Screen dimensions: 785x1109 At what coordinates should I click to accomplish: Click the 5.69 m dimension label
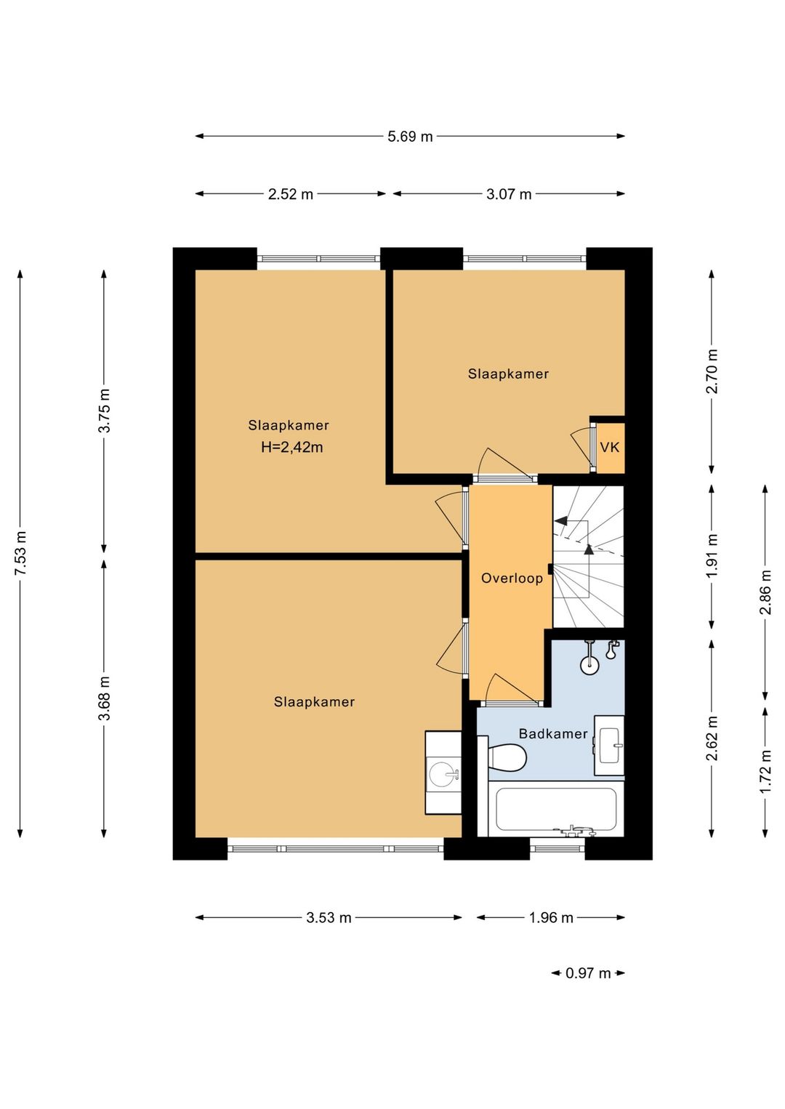coord(410,136)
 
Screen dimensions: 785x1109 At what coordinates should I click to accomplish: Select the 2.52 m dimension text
coord(291,194)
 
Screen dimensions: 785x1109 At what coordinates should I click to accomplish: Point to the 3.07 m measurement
coord(509,194)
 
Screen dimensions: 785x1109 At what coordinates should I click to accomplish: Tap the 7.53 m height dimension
coord(20,552)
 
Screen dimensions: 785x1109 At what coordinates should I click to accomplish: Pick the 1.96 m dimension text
coord(551,917)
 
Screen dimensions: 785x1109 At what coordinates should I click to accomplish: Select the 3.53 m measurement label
coord(329,917)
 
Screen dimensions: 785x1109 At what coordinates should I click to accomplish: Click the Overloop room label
coord(512,578)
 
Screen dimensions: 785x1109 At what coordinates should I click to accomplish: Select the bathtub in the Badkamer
coord(556,810)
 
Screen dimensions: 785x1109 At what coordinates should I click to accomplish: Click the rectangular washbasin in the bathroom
coord(610,745)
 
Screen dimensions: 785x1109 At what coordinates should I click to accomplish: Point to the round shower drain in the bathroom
coord(590,665)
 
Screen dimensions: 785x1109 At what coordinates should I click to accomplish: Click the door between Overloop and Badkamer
coord(512,690)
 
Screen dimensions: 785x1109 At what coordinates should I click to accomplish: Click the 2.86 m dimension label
coord(765,592)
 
